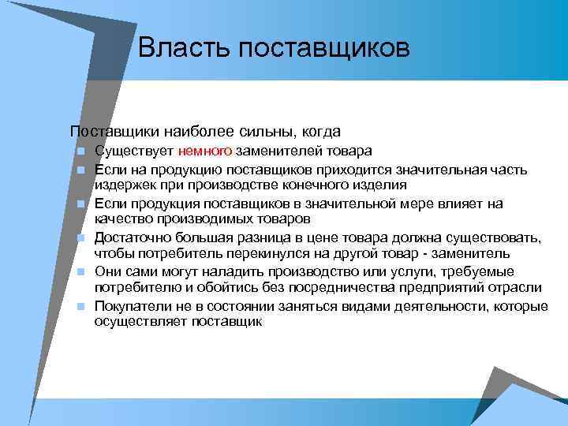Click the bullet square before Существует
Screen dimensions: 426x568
80,151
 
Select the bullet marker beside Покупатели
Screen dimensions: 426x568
80,307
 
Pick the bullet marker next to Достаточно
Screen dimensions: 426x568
80,238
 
